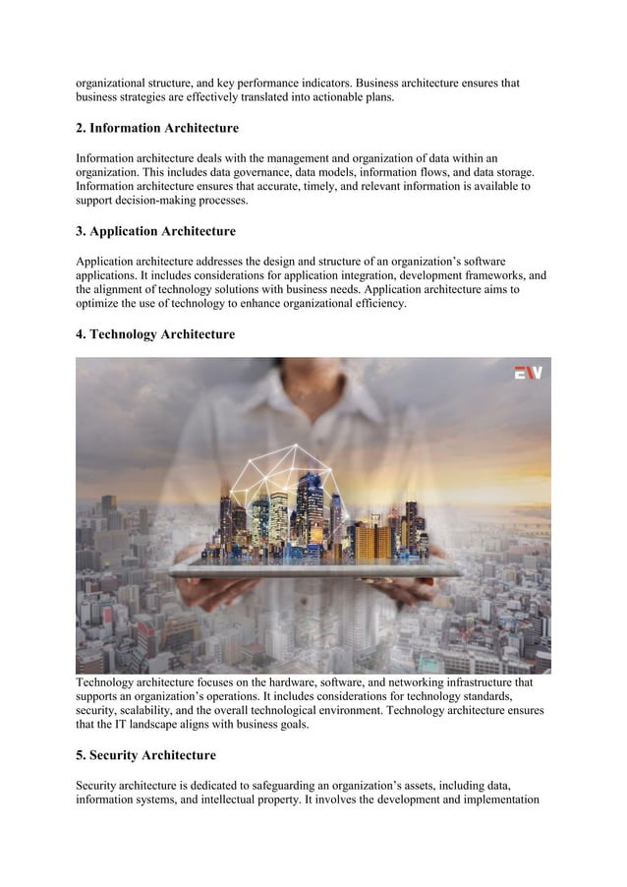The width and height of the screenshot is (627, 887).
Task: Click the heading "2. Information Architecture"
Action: [x=157, y=129]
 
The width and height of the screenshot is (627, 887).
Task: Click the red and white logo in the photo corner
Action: [x=529, y=373]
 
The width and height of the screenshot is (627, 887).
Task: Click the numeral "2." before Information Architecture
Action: [x=82, y=129]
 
